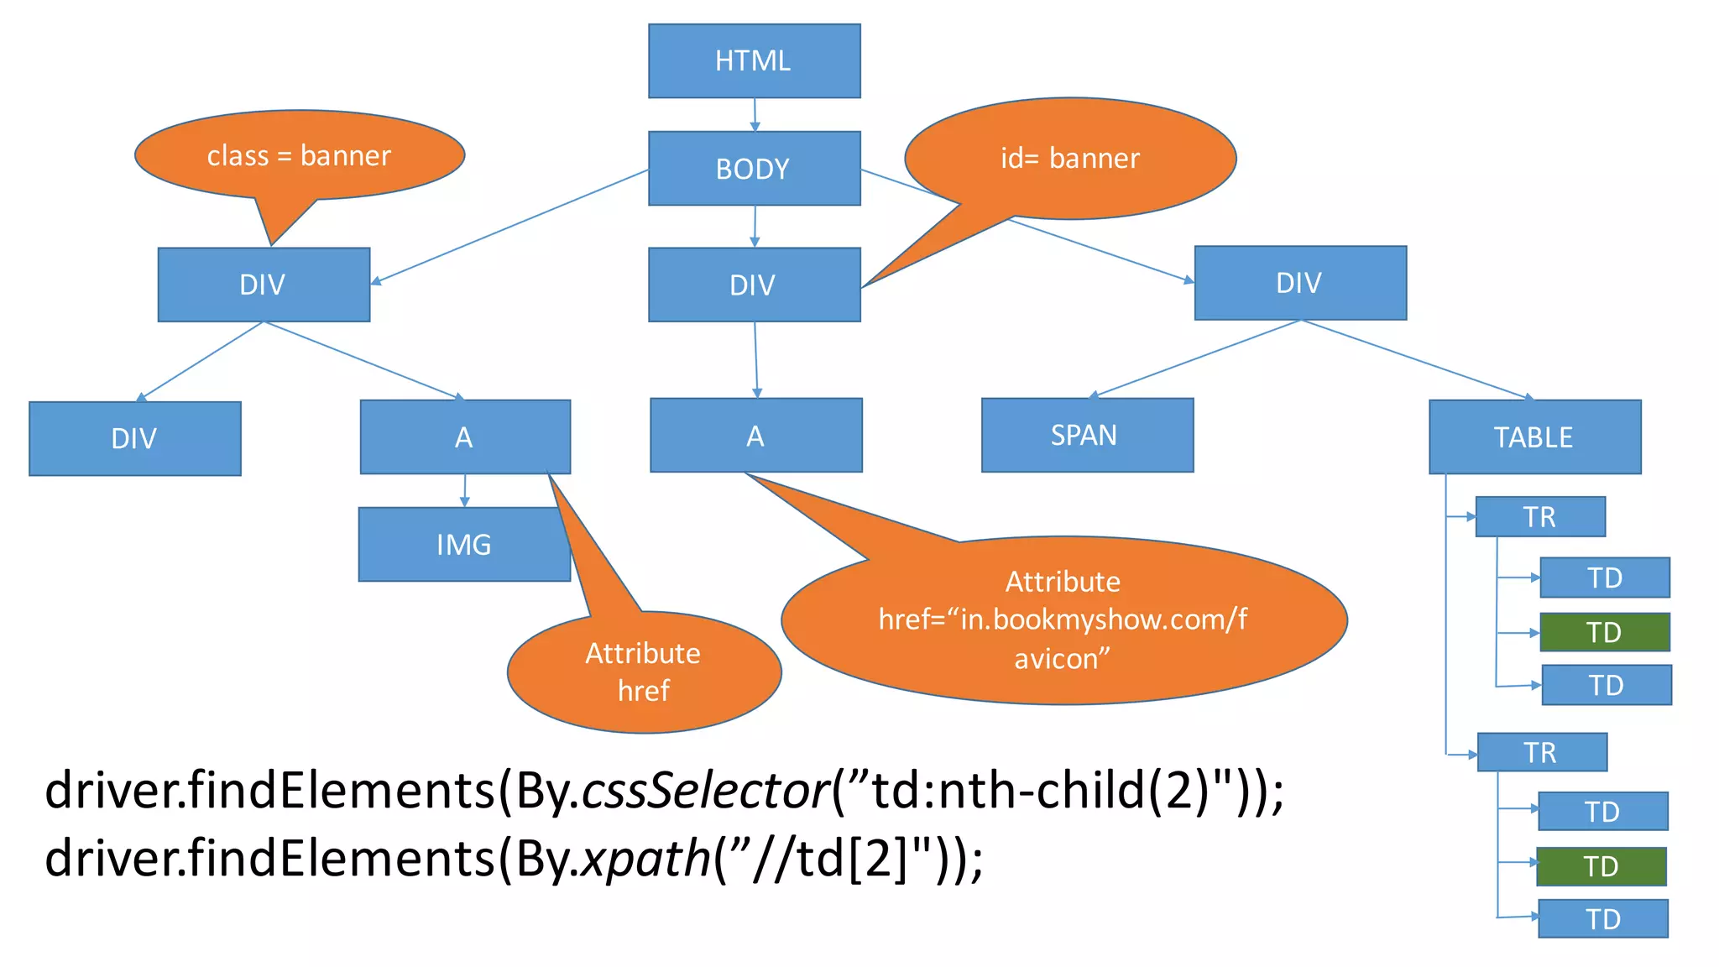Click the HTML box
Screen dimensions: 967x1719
754,60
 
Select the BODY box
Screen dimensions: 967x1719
754,168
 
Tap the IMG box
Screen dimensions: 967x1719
463,544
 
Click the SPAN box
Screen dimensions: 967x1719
1087,435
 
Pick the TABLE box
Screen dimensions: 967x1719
1534,436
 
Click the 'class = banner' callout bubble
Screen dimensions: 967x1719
300,155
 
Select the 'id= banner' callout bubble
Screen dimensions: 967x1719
1070,159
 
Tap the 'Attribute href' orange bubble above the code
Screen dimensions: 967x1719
644,672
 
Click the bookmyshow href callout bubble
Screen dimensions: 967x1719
1063,620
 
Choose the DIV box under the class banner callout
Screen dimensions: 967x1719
264,285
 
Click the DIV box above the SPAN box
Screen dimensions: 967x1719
1299,283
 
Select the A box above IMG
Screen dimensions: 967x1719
465,436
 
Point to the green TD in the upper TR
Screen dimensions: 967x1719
1604,632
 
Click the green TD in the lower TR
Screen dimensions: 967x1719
1601,866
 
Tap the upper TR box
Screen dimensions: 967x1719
1539,516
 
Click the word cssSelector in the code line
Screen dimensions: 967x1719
705,791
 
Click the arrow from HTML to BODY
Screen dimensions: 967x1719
755,114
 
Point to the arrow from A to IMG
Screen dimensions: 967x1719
464,490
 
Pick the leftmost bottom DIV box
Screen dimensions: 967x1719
134,438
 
